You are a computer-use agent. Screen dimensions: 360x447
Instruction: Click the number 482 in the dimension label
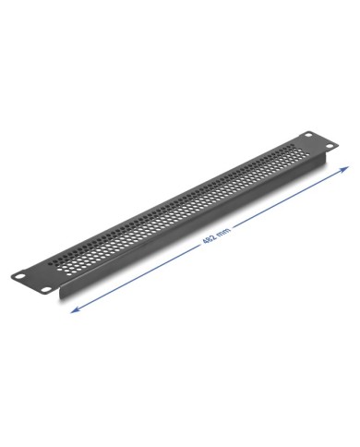210,239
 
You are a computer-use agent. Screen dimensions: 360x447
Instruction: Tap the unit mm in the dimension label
223,232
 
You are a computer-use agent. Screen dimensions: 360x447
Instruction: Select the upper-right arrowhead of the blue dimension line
345,169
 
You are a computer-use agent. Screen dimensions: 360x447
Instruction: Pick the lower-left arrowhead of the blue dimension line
75,310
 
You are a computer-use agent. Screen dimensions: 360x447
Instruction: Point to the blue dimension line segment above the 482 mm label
290,198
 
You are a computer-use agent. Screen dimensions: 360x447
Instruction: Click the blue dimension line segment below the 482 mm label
136,279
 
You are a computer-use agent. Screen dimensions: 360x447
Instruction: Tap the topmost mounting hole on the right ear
308,135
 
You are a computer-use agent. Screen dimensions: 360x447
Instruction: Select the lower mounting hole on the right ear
330,146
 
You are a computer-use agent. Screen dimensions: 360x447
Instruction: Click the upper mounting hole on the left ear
20,276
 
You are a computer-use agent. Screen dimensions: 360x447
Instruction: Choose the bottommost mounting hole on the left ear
46,290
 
